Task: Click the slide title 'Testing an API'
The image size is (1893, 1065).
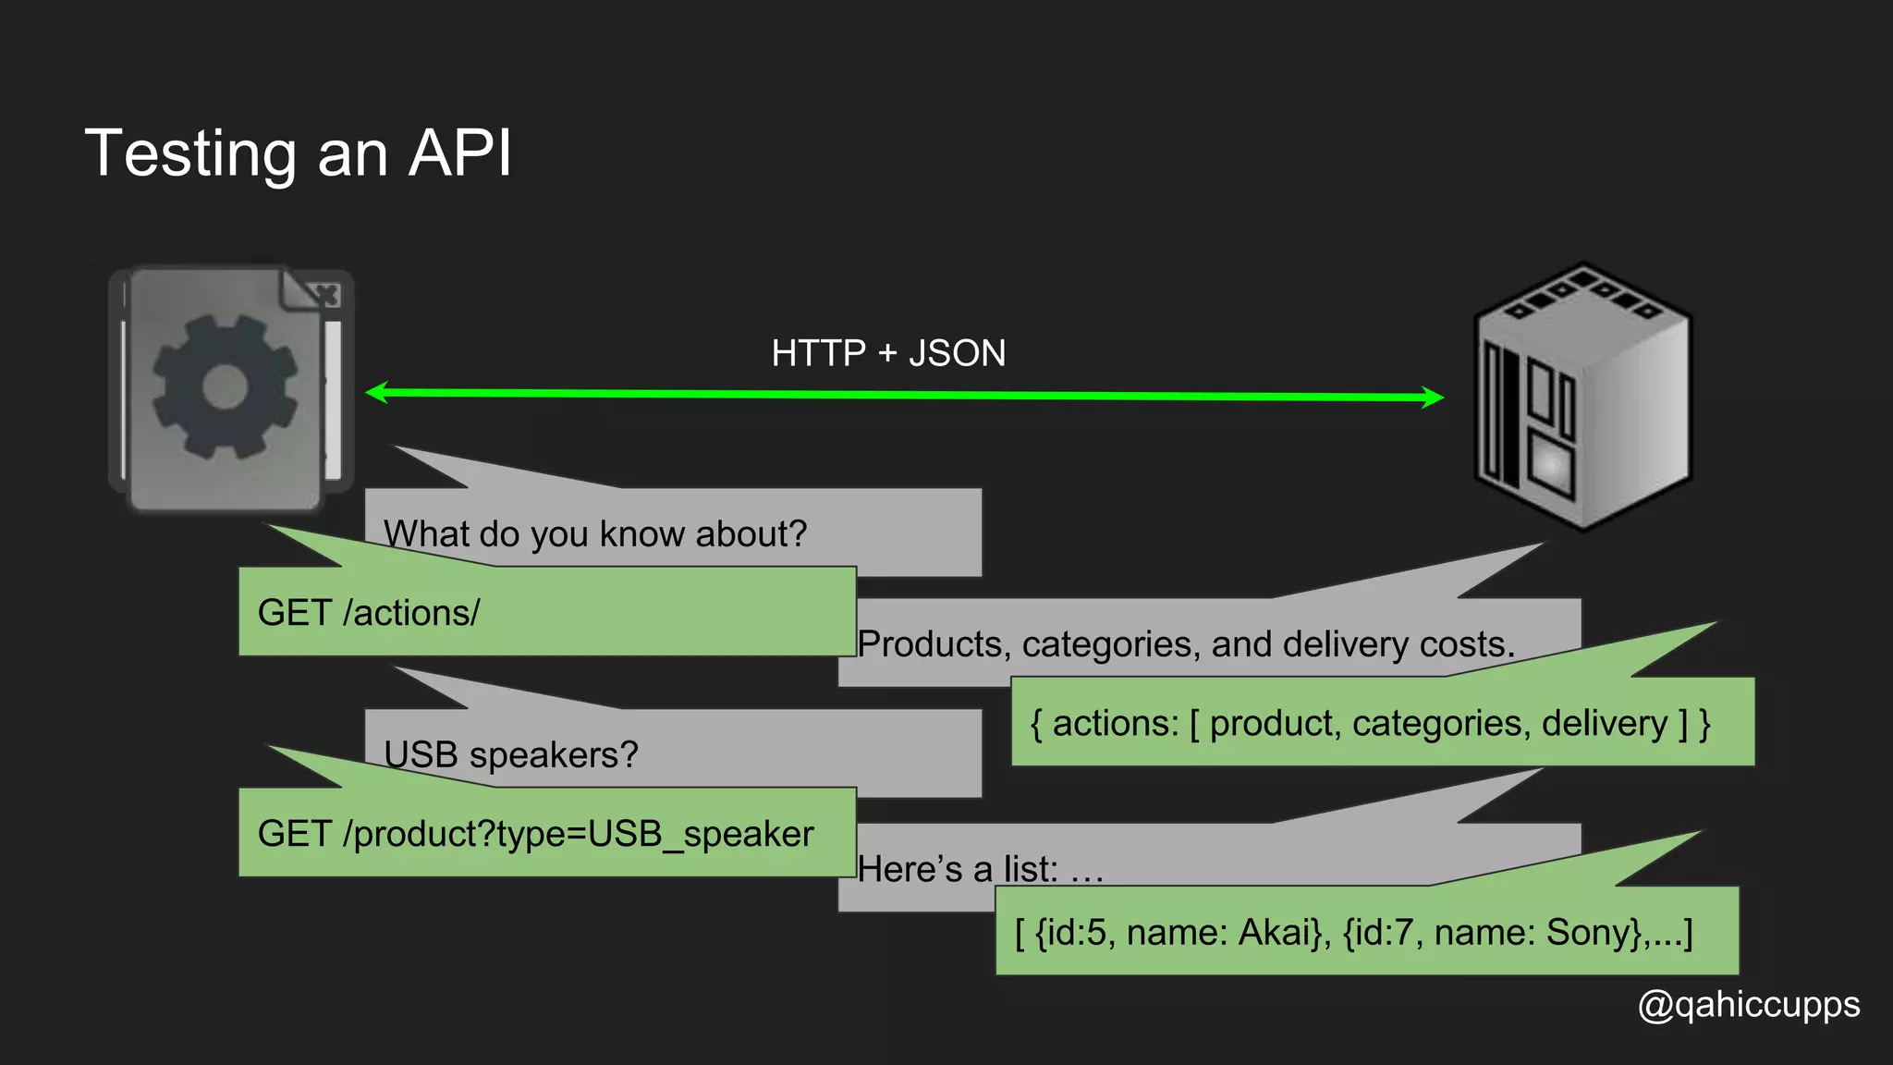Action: (298, 153)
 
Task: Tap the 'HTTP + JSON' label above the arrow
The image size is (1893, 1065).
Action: (888, 353)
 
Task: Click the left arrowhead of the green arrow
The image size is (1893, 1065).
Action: (374, 393)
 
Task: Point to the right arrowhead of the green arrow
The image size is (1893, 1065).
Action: (1434, 398)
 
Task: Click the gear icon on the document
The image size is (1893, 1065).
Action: (225, 386)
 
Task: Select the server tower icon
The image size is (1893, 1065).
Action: (1582, 396)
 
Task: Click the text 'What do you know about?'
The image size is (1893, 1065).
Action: (595, 534)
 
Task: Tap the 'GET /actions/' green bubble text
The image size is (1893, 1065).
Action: (369, 613)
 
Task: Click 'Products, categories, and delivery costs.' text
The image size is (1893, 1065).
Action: (1186, 644)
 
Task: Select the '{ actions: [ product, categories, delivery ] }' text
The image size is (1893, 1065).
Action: (1370, 723)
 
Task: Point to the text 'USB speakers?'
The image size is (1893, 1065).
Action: (511, 755)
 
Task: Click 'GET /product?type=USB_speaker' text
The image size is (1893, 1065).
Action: (535, 834)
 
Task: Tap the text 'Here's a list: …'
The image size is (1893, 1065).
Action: (981, 869)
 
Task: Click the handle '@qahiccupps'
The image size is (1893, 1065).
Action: (1749, 1005)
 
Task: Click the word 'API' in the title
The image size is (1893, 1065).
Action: (459, 153)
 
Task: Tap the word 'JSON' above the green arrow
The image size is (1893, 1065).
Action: (957, 353)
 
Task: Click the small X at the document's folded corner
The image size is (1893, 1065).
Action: (326, 295)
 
